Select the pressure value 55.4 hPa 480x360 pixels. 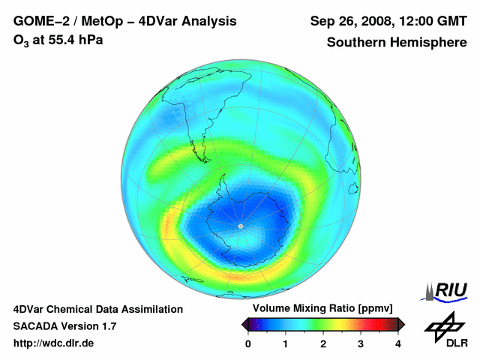pos(74,39)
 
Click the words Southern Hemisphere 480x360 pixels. pos(395,43)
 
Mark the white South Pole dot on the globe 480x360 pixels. pos(241,226)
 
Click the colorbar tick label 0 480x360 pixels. pos(248,343)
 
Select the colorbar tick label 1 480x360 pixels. pos(286,343)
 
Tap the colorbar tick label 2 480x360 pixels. pos(323,343)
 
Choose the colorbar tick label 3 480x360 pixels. pos(361,343)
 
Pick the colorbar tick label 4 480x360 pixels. pos(398,343)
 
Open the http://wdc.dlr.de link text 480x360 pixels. pos(54,343)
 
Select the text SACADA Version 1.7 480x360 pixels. pos(64,326)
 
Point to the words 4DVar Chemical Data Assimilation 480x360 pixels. pos(97,309)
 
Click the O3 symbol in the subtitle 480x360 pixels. pos(20,40)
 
